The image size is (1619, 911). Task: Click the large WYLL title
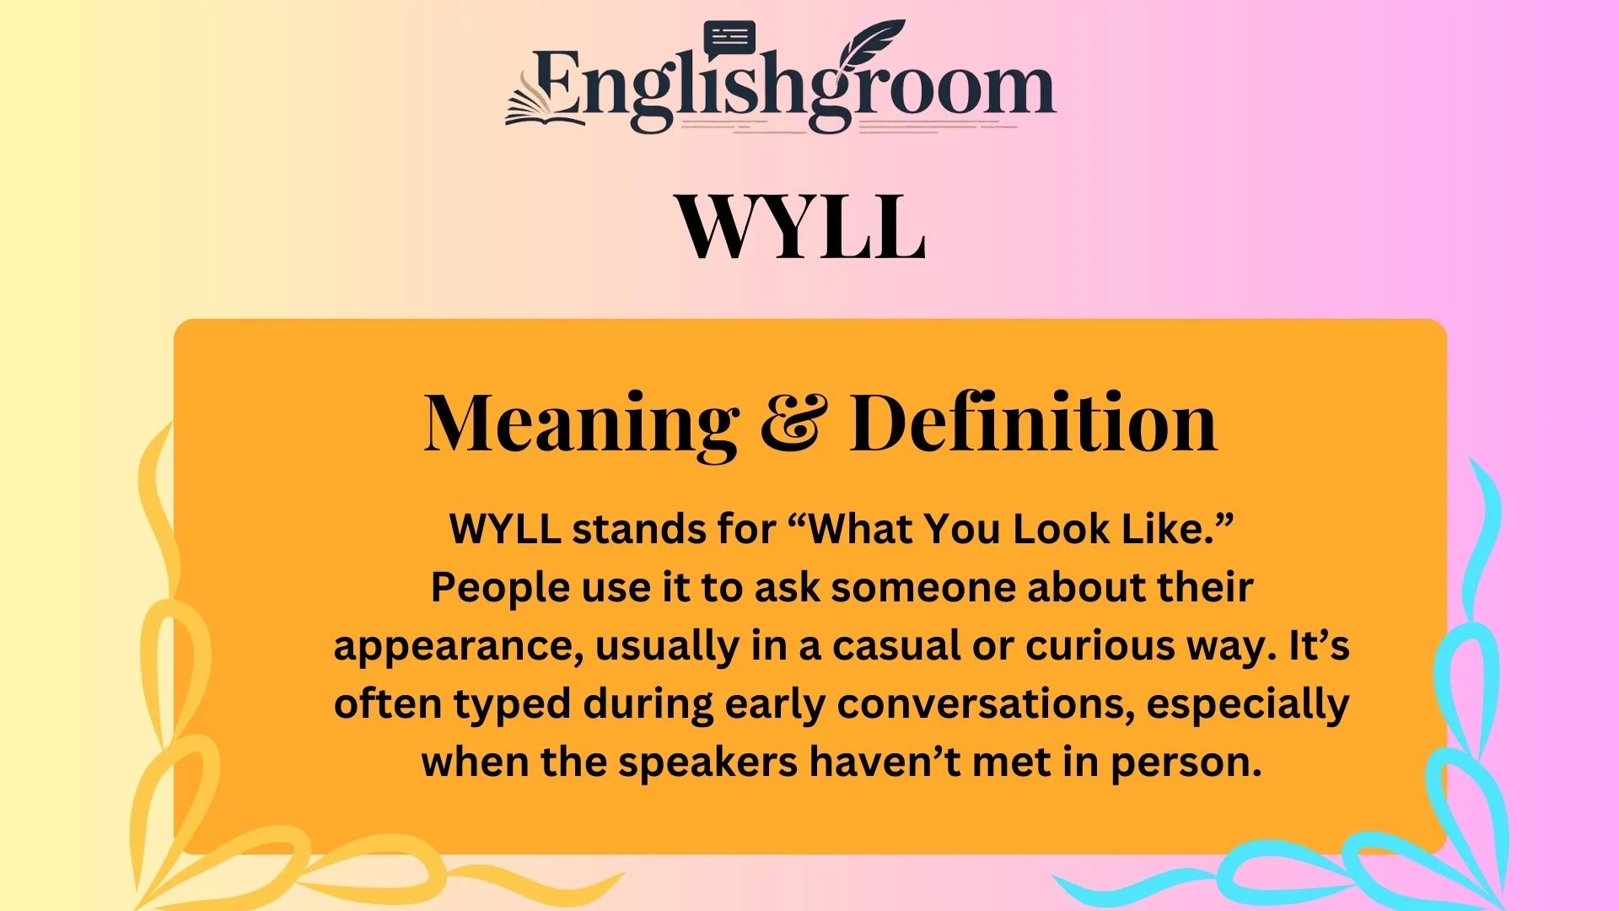click(801, 226)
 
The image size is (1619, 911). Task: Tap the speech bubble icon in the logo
click(729, 39)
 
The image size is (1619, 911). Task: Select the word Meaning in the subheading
click(581, 424)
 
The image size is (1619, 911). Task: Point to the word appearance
click(459, 648)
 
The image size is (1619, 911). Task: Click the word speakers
click(707, 763)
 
